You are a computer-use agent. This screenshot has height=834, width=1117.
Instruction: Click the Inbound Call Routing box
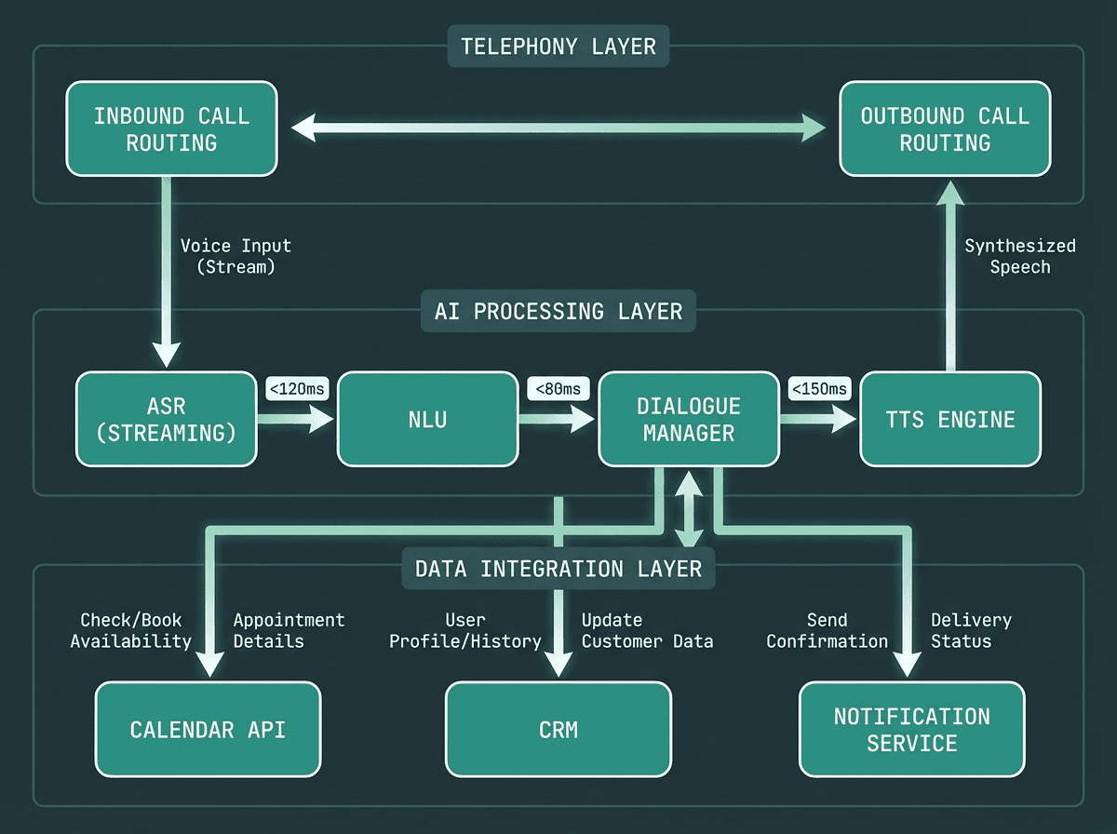tap(172, 128)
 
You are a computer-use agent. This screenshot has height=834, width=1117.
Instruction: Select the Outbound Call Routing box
tap(945, 128)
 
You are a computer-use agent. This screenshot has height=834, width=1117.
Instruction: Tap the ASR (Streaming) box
tap(167, 419)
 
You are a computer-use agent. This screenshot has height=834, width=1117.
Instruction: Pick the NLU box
tap(428, 419)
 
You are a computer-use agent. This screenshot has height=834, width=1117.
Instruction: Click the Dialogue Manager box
tap(689, 419)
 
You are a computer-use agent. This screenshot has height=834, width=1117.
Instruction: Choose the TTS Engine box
tap(949, 419)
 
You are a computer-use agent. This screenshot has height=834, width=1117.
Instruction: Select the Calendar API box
tap(209, 729)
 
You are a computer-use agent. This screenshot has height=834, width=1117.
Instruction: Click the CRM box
tap(558, 729)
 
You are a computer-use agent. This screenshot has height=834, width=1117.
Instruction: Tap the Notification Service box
tap(912, 729)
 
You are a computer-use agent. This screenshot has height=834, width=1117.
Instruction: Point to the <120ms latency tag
tap(296, 388)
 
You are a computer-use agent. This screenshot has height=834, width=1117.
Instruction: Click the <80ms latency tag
tap(558, 388)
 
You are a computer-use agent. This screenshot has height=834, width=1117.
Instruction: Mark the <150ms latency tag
tap(819, 388)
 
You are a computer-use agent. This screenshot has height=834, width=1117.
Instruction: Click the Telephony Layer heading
tap(558, 46)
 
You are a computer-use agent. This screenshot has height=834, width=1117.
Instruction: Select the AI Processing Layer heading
tap(558, 311)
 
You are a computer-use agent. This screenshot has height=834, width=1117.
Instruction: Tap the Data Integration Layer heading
tap(558, 569)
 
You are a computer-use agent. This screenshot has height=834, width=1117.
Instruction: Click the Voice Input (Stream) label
tap(236, 256)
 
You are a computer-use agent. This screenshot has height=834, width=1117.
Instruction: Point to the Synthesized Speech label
tap(1020, 256)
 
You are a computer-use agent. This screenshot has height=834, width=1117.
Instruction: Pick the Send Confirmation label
tap(827, 630)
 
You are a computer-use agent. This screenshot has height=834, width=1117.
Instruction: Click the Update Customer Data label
tap(647, 630)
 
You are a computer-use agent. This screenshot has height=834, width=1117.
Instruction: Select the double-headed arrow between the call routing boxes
tap(558, 128)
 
